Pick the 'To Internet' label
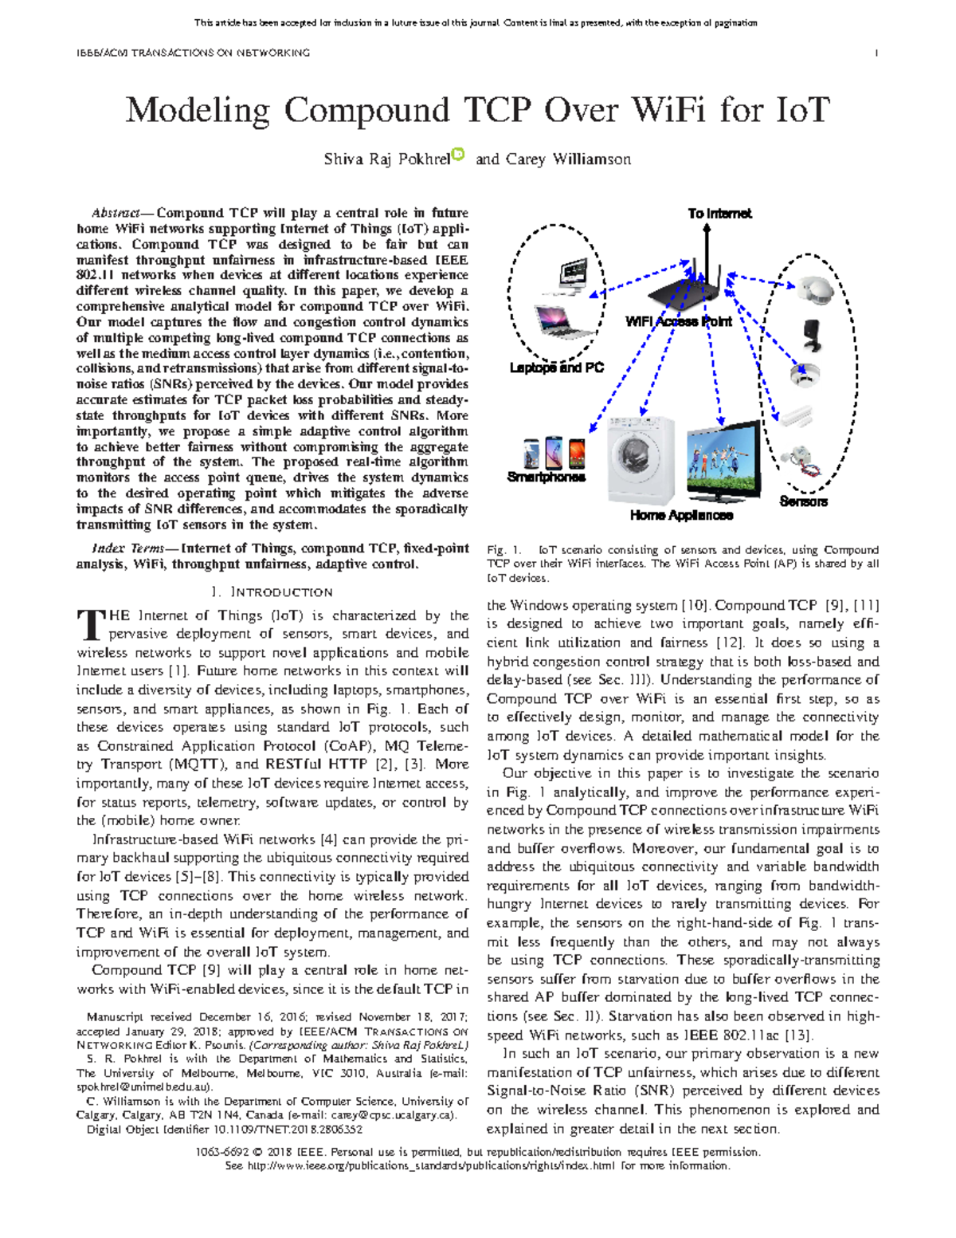coord(719,214)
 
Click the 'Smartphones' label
coord(546,477)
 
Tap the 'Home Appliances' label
coord(681,515)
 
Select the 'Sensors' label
coord(803,501)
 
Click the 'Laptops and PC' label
coord(556,367)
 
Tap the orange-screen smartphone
coord(577,453)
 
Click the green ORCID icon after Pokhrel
coord(458,154)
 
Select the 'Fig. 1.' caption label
coord(504,549)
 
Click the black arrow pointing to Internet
coord(706,247)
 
